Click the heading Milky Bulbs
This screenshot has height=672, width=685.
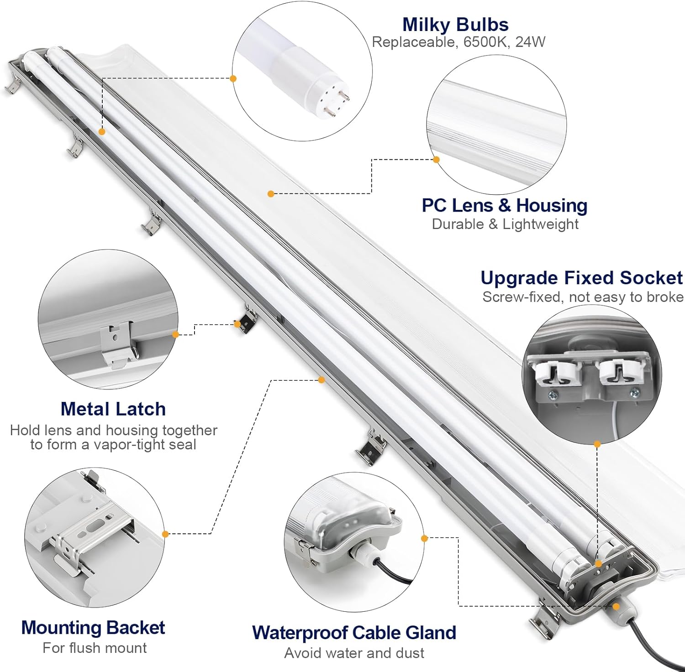(x=455, y=25)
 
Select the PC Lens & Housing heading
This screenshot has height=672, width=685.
(x=504, y=205)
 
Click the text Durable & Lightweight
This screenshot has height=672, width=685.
(x=505, y=224)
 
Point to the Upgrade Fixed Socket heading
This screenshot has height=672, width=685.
(x=581, y=278)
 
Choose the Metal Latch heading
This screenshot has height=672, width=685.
(x=113, y=409)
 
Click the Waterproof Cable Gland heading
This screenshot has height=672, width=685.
(x=354, y=633)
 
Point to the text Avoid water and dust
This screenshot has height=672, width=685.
(x=354, y=653)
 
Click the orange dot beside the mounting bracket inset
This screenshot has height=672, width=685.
(x=165, y=534)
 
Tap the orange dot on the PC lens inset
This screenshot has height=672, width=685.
(x=436, y=160)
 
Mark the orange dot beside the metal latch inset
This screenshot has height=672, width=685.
(x=175, y=334)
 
